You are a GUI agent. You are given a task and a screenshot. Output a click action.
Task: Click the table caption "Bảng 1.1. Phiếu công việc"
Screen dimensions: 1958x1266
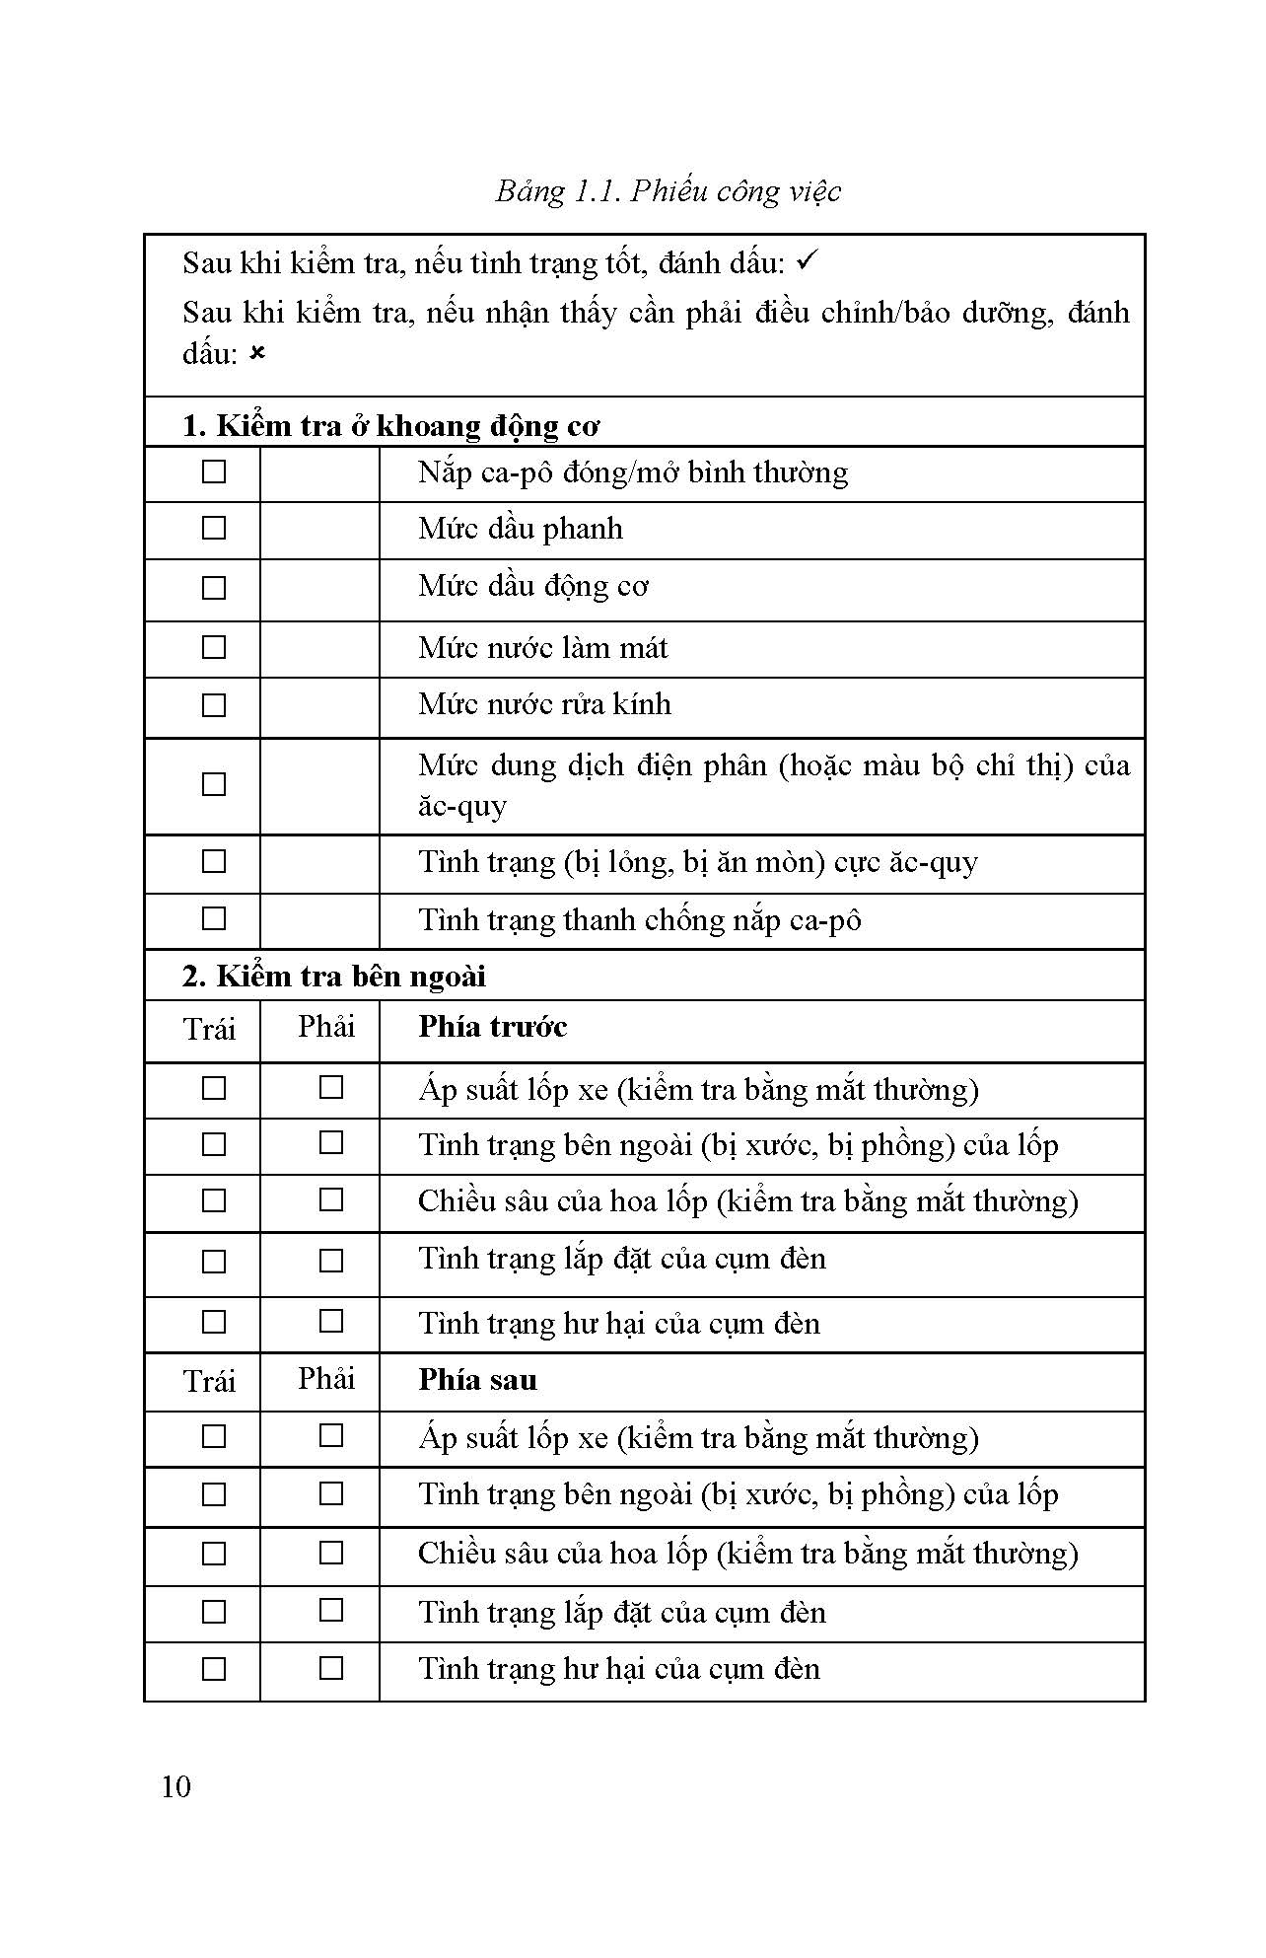pos(668,190)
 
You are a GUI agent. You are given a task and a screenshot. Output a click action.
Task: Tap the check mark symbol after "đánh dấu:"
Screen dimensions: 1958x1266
pos(808,261)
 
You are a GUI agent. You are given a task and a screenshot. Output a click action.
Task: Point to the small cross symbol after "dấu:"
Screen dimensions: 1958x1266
pos(257,353)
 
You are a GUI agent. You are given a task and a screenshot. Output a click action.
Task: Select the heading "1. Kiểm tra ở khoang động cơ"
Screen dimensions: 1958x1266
pos(390,425)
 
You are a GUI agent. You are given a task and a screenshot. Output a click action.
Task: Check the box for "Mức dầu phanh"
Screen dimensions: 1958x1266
pos(213,529)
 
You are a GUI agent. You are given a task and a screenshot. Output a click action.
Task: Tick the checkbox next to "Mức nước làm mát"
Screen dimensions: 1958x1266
pos(213,647)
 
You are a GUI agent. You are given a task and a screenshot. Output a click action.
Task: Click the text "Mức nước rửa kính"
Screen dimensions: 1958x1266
pos(544,704)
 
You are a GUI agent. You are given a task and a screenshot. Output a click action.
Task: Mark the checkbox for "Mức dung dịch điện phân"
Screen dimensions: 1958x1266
pos(213,784)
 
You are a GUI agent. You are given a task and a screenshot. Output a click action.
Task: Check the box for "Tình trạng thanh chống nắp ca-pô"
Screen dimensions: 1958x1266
pos(213,919)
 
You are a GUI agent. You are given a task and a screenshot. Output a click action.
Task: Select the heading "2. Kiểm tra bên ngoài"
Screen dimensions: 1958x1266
pos(334,976)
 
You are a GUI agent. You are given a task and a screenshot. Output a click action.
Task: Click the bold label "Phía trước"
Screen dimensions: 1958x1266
pos(492,1027)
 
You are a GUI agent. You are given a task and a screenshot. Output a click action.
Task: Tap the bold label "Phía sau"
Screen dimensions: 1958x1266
pos(477,1379)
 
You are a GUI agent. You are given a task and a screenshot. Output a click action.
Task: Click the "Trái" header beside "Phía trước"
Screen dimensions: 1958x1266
pos(209,1030)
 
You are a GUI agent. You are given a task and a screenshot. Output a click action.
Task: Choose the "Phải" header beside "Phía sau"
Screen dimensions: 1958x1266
pos(325,1379)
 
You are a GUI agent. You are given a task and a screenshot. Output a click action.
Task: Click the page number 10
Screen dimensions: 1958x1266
pos(176,1786)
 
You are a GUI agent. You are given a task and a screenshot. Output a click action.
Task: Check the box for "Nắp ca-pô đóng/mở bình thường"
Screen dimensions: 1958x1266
pos(213,472)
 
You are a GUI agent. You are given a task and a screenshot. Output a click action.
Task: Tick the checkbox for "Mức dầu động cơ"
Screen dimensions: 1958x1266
pos(213,588)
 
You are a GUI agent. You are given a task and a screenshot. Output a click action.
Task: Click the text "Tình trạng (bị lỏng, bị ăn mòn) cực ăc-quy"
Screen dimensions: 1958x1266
pos(697,862)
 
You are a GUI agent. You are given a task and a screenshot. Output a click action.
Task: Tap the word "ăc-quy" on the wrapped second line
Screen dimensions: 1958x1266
pos(462,806)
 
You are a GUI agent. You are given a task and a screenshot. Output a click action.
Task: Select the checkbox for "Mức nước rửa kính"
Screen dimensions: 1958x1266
pos(213,705)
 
